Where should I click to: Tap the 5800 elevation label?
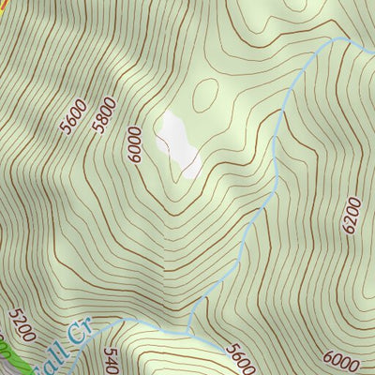tap(106, 114)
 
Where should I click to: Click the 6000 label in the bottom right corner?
tap(342, 358)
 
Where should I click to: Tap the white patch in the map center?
tap(180, 145)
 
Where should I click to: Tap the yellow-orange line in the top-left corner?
tap(3, 9)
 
